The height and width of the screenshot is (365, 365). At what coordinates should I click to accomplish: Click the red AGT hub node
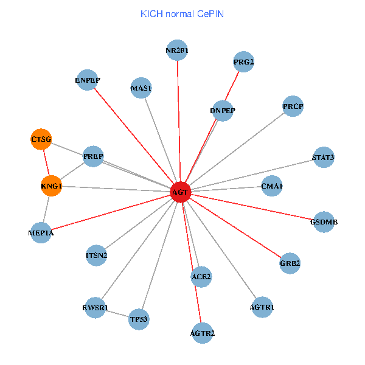coord(181,192)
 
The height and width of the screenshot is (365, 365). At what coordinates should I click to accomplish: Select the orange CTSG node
coord(41,139)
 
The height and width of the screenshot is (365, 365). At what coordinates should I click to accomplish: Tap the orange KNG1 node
coord(52,186)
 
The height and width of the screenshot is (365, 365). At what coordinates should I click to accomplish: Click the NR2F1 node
coord(177,50)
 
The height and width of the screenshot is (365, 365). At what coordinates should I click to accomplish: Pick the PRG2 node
coord(243,62)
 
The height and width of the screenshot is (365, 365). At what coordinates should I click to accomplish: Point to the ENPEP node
coord(88,80)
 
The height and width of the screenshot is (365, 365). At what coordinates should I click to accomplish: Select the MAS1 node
coord(141,88)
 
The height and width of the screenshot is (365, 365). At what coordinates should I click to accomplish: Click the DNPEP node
coord(223,111)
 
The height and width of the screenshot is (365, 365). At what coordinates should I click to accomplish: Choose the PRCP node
coord(293,107)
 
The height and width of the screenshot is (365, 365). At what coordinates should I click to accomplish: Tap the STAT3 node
coord(323,158)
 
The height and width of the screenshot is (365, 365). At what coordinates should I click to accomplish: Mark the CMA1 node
coord(272,186)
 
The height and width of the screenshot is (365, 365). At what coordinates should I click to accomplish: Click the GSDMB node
coord(324,222)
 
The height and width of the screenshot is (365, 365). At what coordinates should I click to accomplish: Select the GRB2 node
coord(290,263)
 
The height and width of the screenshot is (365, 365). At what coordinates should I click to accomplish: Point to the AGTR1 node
coord(262,307)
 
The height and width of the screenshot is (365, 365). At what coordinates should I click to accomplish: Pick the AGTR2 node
coord(203,333)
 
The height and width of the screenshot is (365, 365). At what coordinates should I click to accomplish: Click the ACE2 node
coord(201,277)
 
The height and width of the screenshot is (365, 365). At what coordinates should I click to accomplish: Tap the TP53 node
coord(139,319)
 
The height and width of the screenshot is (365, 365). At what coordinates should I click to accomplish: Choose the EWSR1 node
coord(95,308)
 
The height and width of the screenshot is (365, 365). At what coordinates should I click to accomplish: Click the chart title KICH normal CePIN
coord(182,13)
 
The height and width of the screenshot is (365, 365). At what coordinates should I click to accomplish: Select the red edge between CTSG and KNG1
coord(46,162)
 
